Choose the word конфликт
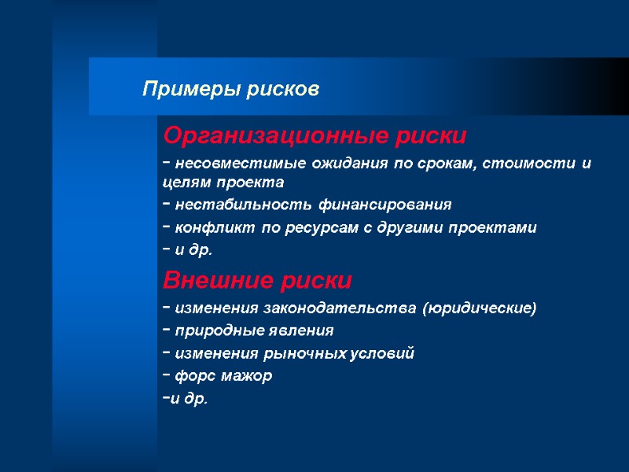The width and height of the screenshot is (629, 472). pos(206,229)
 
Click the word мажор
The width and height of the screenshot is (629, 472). pos(248,376)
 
